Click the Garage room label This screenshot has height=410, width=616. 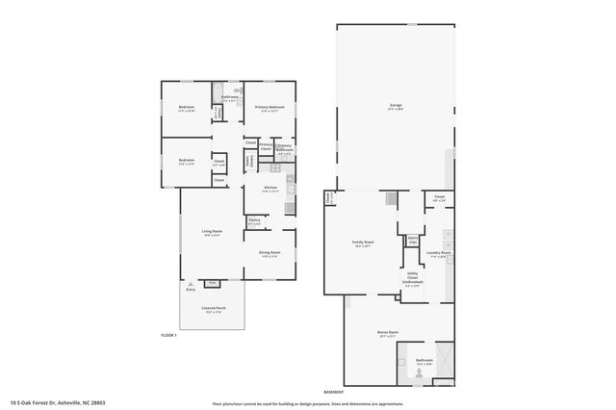395,106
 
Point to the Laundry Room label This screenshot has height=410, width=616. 441,255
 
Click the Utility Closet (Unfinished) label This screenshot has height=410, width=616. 412,279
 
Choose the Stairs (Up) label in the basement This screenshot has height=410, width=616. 412,240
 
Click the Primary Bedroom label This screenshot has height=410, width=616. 269,107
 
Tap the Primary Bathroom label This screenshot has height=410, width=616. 284,148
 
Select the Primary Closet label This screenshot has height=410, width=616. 265,147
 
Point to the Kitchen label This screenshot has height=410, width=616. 270,188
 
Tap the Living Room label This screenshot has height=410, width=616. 212,232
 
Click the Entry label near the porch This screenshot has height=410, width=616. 190,289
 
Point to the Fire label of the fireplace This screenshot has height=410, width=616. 212,284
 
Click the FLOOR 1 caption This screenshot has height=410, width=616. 169,334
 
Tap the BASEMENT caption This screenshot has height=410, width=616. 334,392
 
